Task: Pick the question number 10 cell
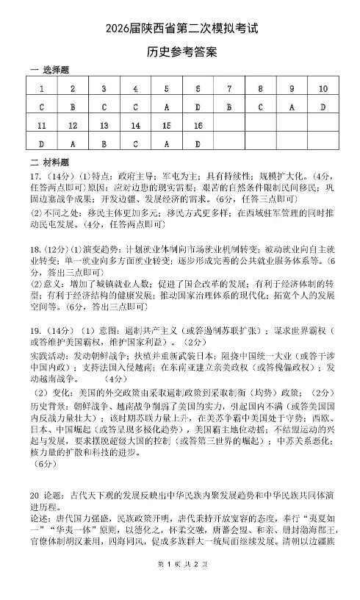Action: (323, 89)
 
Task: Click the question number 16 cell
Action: (198, 126)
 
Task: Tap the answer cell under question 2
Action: (72, 107)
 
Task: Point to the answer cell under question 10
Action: (323, 107)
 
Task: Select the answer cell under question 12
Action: (72, 144)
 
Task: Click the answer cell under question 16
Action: (198, 144)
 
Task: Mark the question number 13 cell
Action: (104, 126)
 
